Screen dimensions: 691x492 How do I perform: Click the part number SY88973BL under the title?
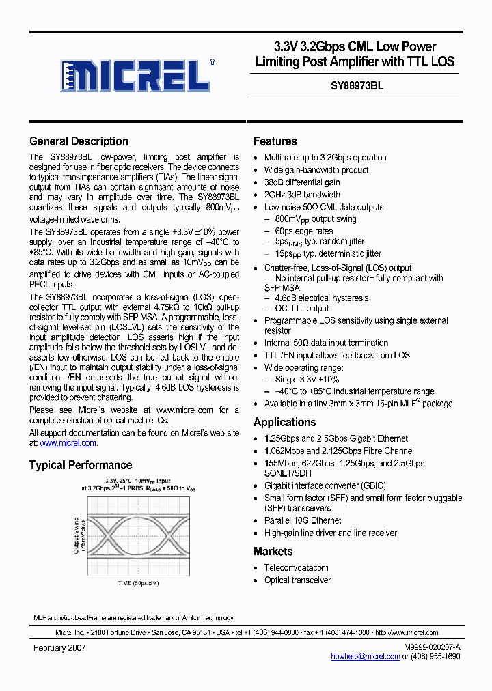click(353, 87)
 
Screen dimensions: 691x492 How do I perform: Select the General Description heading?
click(79, 141)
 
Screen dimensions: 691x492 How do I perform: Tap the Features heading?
click(275, 141)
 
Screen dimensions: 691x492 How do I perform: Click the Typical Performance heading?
click(81, 465)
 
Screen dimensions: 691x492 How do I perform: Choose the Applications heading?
click(284, 422)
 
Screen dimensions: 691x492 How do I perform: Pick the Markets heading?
click(273, 551)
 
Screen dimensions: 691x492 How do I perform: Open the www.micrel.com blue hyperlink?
click(68, 443)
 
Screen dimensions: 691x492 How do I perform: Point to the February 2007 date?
click(59, 647)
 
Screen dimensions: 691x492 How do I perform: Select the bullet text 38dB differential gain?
click(301, 182)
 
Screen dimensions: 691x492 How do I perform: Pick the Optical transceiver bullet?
click(297, 580)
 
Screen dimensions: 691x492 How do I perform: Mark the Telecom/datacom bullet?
click(296, 567)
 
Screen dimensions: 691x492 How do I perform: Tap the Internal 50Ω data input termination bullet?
click(326, 343)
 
